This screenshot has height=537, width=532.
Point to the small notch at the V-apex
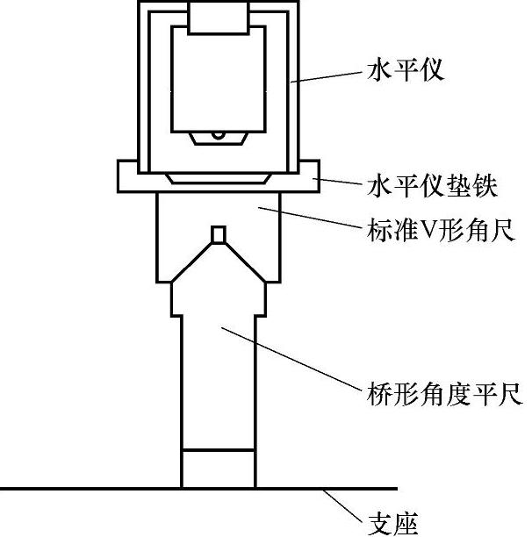[x=219, y=233]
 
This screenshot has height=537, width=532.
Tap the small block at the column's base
[x=219, y=468]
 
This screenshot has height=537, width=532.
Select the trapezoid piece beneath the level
[x=219, y=178]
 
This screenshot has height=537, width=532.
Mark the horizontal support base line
[x=88, y=488]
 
